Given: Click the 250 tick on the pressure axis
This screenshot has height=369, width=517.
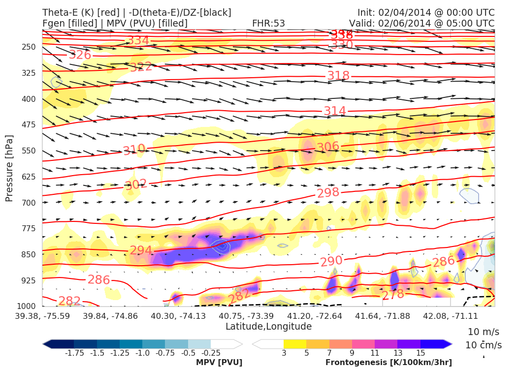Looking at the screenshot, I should [x=29, y=47].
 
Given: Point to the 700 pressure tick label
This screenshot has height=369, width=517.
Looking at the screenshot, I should [x=29, y=203].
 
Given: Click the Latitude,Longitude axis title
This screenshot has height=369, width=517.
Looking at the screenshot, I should [x=268, y=327].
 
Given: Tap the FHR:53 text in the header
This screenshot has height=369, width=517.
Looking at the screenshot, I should [x=268, y=23].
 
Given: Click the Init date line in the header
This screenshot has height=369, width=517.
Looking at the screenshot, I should [x=426, y=12].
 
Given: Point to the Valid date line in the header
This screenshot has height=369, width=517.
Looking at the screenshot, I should [x=421, y=23].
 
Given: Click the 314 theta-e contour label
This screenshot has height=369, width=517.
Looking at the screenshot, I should [x=335, y=111].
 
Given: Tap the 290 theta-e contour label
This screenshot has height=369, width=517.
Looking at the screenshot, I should [x=331, y=261].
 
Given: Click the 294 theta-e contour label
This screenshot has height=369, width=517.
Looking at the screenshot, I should [x=141, y=250].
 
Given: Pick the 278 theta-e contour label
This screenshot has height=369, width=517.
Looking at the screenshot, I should [x=393, y=294].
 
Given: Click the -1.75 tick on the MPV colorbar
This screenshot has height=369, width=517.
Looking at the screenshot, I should [x=74, y=353].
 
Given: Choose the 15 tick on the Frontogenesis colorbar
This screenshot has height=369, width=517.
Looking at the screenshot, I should [x=420, y=353].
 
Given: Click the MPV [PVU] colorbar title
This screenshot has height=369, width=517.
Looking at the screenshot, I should [x=219, y=362].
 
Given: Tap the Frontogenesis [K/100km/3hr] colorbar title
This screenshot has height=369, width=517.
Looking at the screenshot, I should [x=388, y=362].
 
